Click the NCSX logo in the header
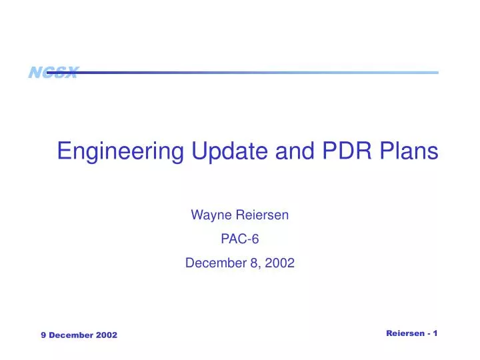(x=53, y=73)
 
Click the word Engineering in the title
(x=119, y=152)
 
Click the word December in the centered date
(x=215, y=263)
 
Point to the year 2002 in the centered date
(x=280, y=263)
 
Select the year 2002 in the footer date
(x=106, y=335)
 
